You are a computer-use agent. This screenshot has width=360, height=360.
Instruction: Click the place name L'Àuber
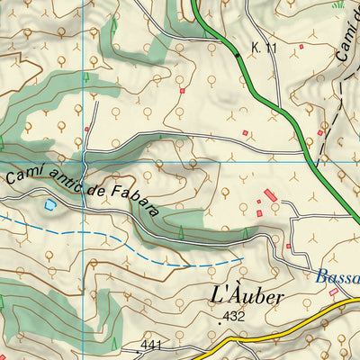click(247, 295)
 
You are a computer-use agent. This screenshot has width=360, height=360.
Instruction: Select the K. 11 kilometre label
click(263, 46)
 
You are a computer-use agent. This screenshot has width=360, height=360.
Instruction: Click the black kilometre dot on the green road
click(238, 55)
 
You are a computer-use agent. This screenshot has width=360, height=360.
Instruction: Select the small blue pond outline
click(49, 205)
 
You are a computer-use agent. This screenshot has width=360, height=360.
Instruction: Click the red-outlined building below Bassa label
click(334, 292)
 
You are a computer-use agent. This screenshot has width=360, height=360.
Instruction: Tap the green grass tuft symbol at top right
click(338, 4)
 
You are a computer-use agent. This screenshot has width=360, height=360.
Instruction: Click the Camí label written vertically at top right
click(347, 40)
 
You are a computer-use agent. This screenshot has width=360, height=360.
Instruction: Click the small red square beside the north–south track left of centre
click(87, 130)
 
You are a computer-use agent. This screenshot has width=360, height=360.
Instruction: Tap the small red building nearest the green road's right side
click(319, 134)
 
